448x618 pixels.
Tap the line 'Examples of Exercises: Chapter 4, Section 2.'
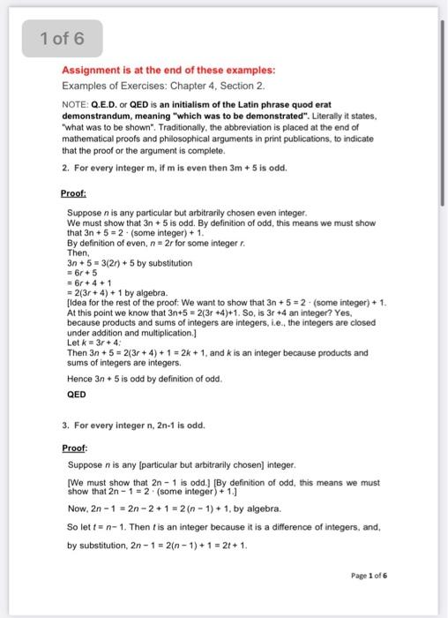click(163, 86)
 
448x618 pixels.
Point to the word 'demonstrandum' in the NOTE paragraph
click(100, 117)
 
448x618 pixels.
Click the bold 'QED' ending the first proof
click(77, 395)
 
